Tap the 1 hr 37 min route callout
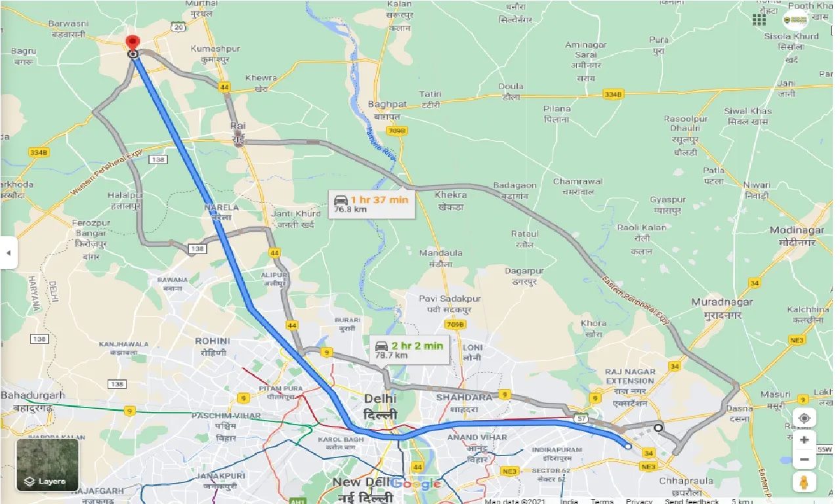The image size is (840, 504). pos(371,204)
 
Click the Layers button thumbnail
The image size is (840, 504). pos(47,465)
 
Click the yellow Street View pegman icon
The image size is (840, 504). pos(804,482)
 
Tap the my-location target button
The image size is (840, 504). pos(804,417)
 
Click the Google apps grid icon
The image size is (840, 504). pos(759,19)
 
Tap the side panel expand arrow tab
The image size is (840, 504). pos(8,253)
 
